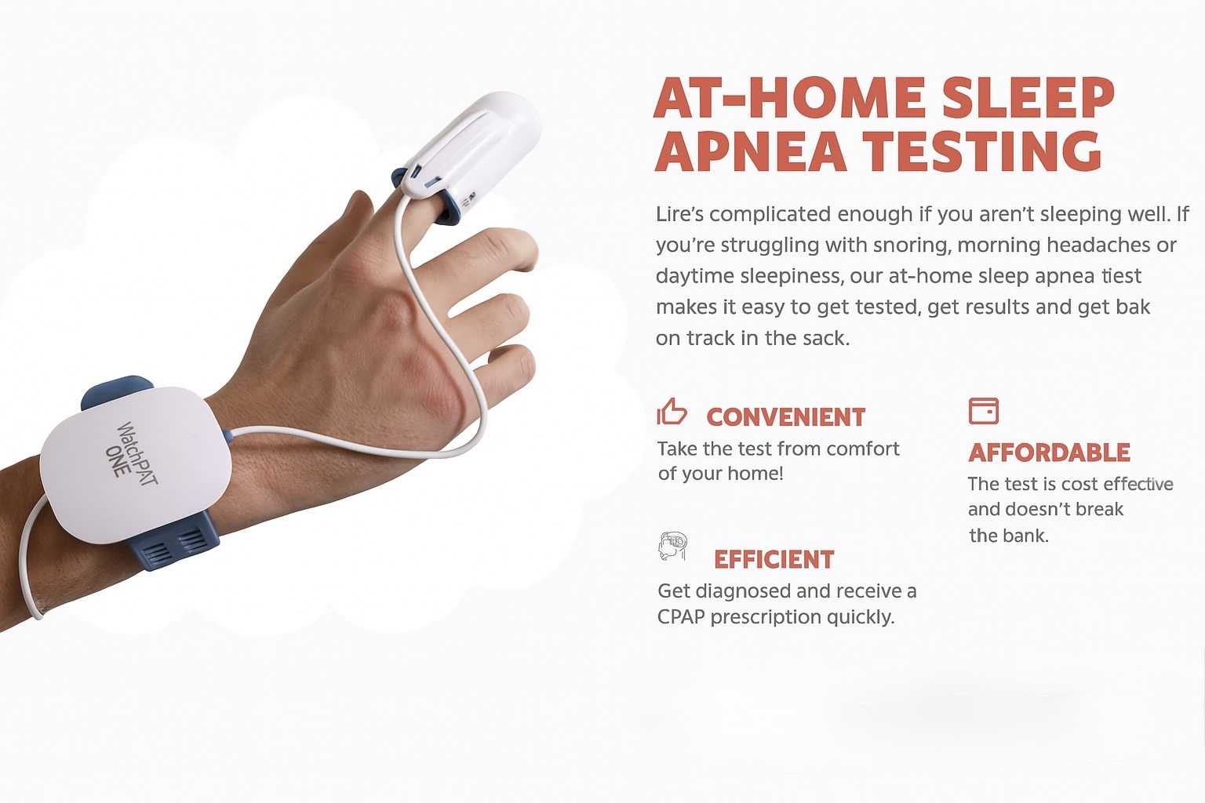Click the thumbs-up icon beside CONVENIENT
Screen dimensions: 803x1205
(672, 412)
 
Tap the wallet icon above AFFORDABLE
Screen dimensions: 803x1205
(984, 411)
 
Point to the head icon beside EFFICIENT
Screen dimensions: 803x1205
(673, 546)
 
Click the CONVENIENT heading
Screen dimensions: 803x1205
(785, 417)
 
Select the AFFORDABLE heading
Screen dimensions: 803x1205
(1049, 453)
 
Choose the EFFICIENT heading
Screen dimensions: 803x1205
(774, 560)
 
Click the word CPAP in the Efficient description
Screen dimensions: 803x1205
(681, 617)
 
